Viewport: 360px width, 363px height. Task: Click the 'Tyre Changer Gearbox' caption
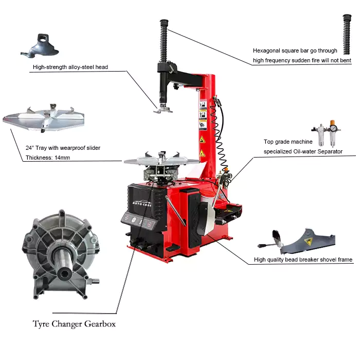point(74,324)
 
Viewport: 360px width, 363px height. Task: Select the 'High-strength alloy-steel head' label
point(70,67)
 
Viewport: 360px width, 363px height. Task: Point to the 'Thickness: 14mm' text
point(48,157)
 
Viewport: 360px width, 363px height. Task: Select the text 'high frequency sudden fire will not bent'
point(302,60)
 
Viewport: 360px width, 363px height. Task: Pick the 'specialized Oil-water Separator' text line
point(303,151)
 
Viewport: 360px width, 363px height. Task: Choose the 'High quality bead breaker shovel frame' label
point(303,260)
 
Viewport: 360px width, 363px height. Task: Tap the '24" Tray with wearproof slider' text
point(63,148)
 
